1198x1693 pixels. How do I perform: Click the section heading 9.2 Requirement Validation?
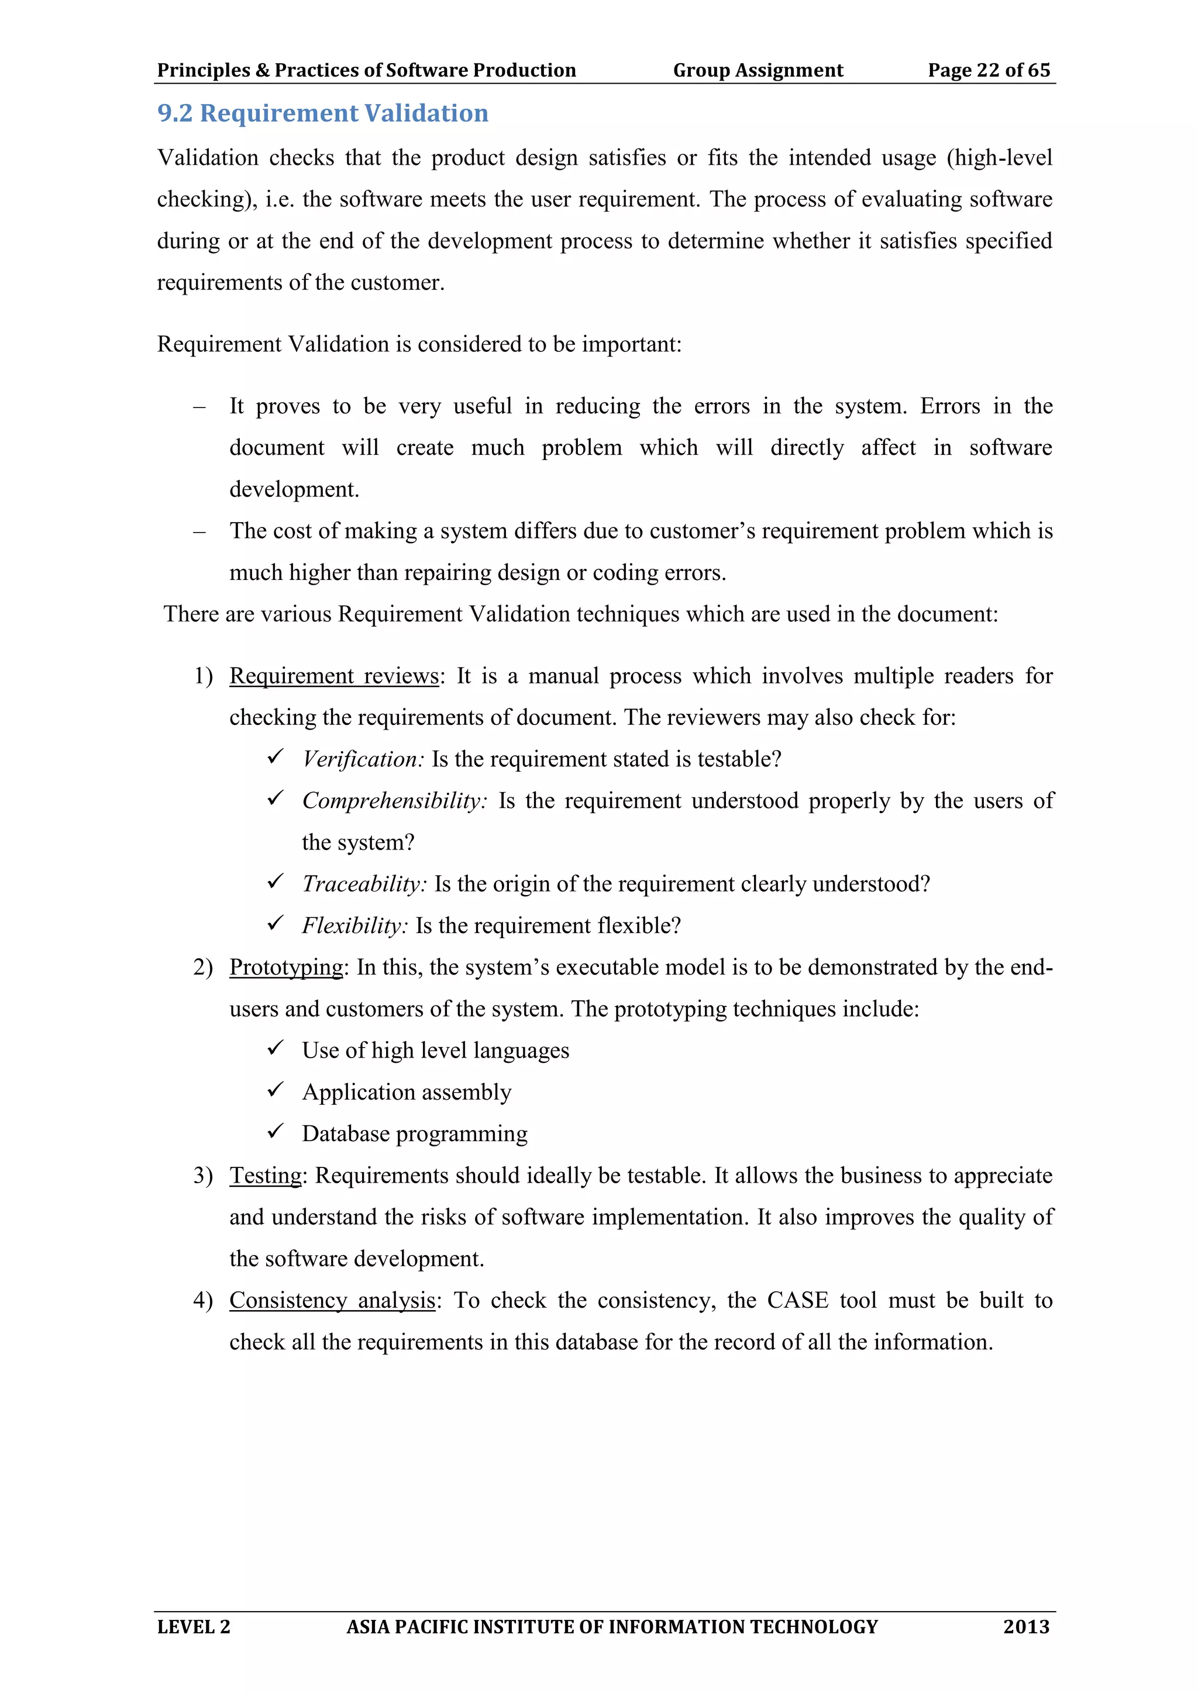pyautogui.click(x=322, y=113)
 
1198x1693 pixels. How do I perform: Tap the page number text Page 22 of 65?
pyautogui.click(x=989, y=70)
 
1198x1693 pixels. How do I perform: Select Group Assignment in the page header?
pyautogui.click(x=758, y=70)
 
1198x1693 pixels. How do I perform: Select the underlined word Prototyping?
pyautogui.click(x=286, y=967)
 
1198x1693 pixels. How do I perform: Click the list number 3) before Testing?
pyautogui.click(x=203, y=1176)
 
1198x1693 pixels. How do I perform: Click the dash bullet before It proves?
pyautogui.click(x=199, y=407)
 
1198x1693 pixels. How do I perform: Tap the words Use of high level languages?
pyautogui.click(x=435, y=1050)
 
